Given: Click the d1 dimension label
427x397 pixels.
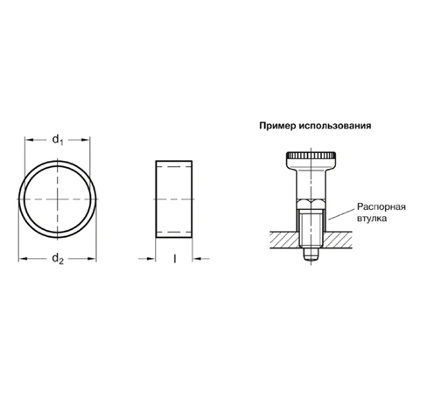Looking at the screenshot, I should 59,139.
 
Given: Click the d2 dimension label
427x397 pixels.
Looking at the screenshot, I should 58,259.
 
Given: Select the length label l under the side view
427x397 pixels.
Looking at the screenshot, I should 176,259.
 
